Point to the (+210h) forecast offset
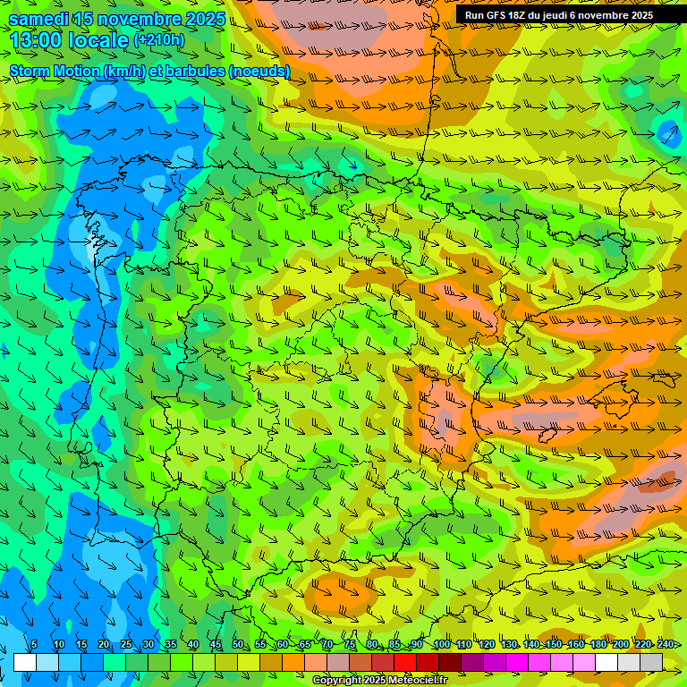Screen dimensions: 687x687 [x=158, y=39]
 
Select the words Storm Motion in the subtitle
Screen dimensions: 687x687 [x=55, y=71]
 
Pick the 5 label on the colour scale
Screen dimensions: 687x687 [x=33, y=645]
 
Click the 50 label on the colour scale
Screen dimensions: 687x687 [x=237, y=645]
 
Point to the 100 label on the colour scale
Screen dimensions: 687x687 [x=442, y=645]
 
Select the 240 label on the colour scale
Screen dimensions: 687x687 [x=666, y=645]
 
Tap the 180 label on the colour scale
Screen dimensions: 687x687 [x=598, y=645]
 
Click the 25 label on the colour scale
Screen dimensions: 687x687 [x=125, y=645]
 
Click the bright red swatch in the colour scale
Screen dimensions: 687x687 [x=405, y=662]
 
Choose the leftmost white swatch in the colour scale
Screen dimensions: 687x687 [x=25, y=662]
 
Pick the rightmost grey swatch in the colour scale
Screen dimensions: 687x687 [x=651, y=662]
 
